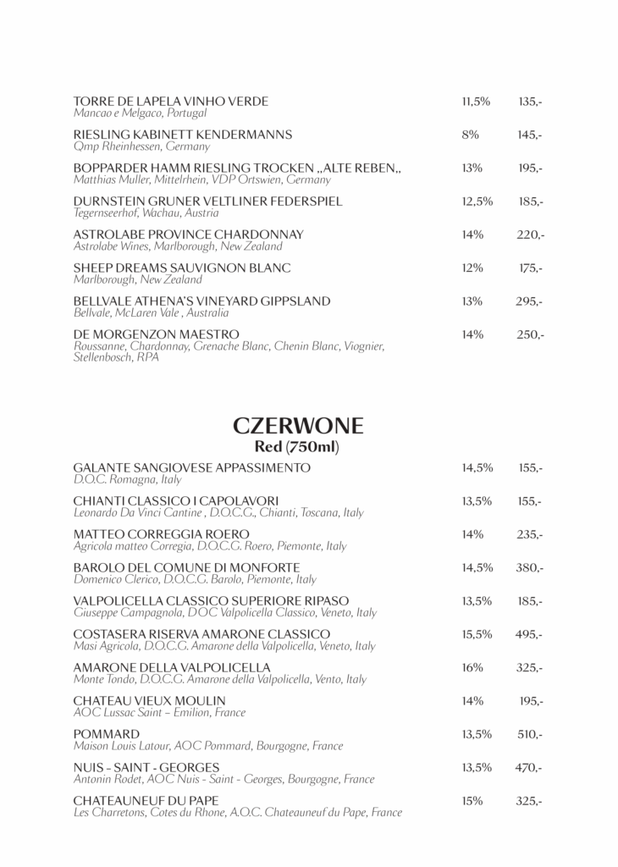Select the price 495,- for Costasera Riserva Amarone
(529, 634)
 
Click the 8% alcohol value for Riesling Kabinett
(471, 135)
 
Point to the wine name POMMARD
(107, 733)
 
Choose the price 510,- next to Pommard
(530, 734)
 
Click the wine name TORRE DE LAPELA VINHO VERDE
(171, 102)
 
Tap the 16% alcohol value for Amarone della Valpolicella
(472, 667)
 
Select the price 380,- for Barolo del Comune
(529, 567)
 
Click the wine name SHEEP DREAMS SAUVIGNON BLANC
(182, 268)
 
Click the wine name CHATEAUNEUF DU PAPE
(146, 800)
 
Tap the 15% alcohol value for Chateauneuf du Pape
(472, 800)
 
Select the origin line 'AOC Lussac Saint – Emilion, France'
(159, 713)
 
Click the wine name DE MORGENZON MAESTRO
(157, 334)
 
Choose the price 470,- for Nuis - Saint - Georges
(529, 767)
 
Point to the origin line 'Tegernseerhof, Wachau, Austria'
(146, 213)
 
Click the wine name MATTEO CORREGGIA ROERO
(162, 534)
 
